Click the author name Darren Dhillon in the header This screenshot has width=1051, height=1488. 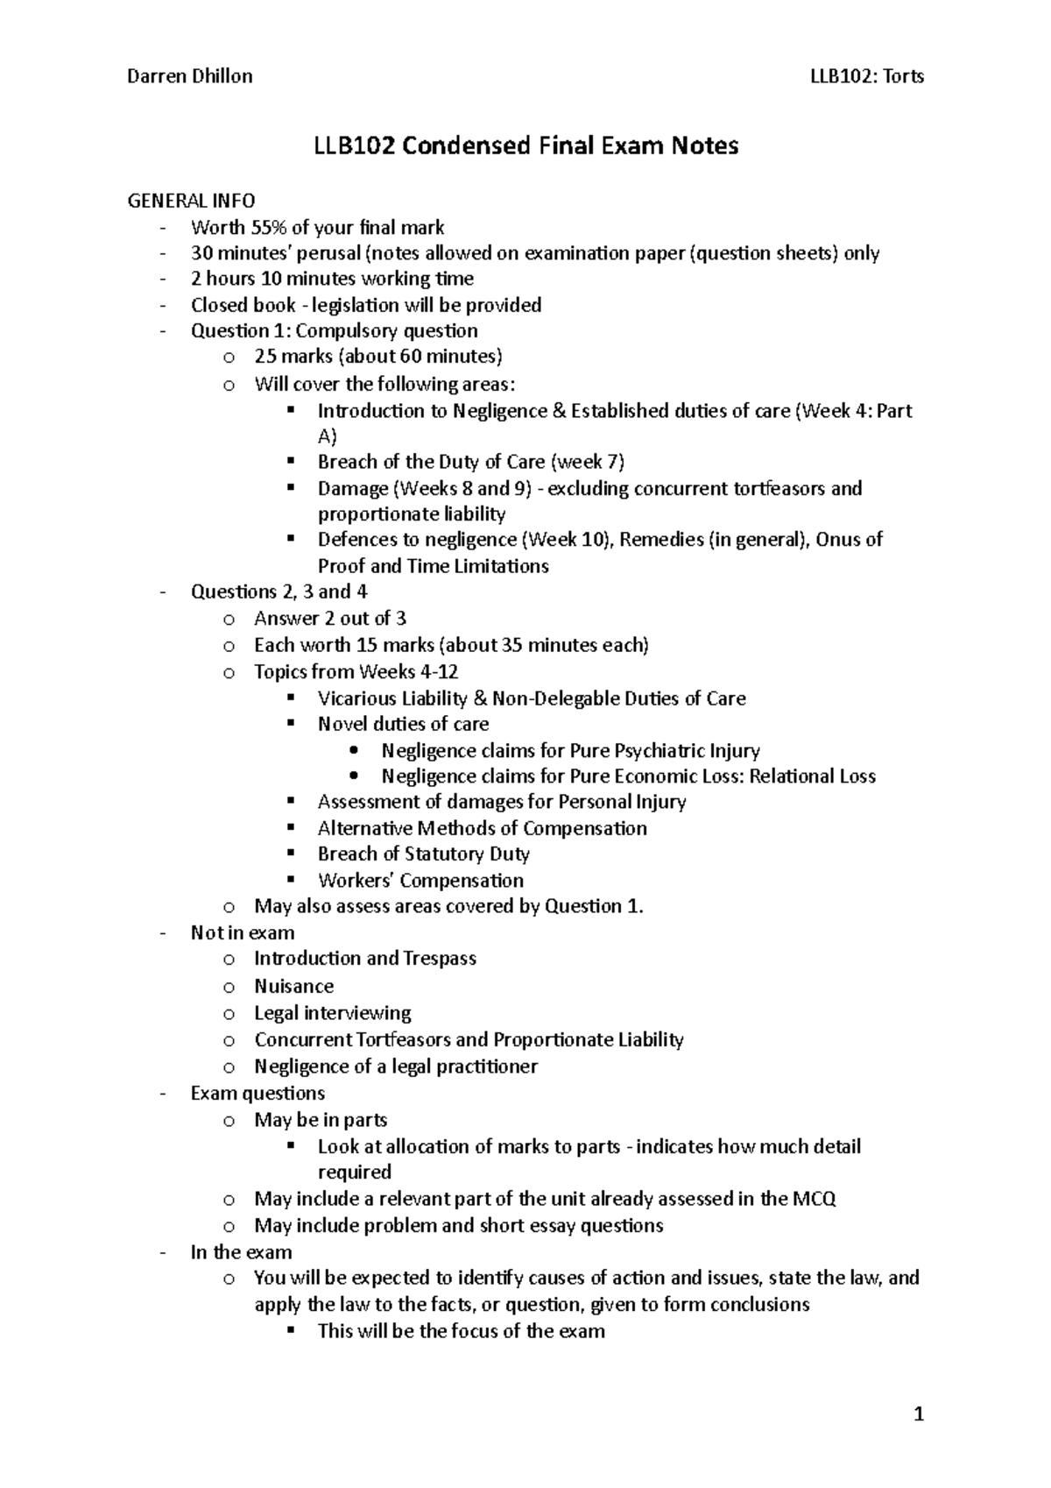pos(190,76)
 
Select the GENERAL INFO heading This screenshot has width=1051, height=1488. pos(192,202)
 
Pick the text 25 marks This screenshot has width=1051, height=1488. pos(293,357)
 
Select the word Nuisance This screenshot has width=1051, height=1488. pos(293,987)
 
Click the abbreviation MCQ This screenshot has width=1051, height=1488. pos(814,1199)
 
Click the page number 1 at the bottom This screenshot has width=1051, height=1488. pos(919,1414)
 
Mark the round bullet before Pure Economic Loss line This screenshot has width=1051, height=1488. pos(354,776)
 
